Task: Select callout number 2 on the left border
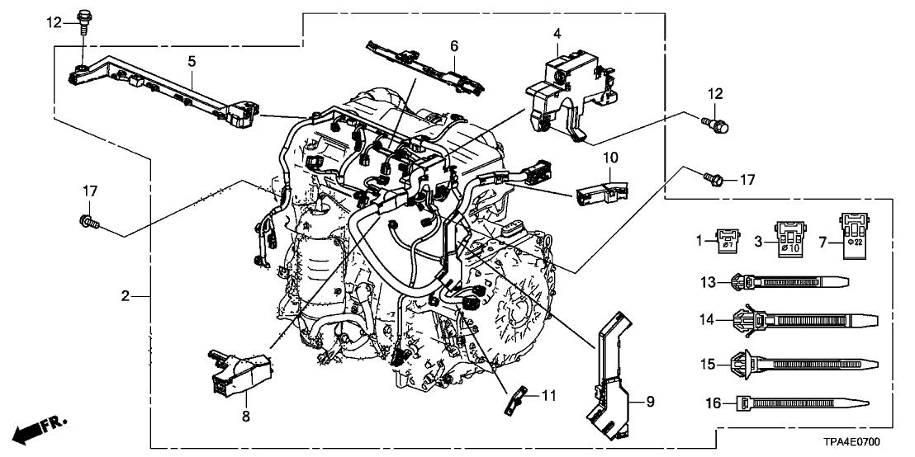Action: point(124,295)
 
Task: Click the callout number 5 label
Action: point(192,61)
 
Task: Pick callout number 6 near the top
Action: point(453,46)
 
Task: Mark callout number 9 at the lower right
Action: point(651,402)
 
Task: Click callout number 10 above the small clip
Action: point(608,157)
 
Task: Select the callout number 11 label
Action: point(548,396)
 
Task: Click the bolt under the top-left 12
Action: point(84,19)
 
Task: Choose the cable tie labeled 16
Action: point(801,403)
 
